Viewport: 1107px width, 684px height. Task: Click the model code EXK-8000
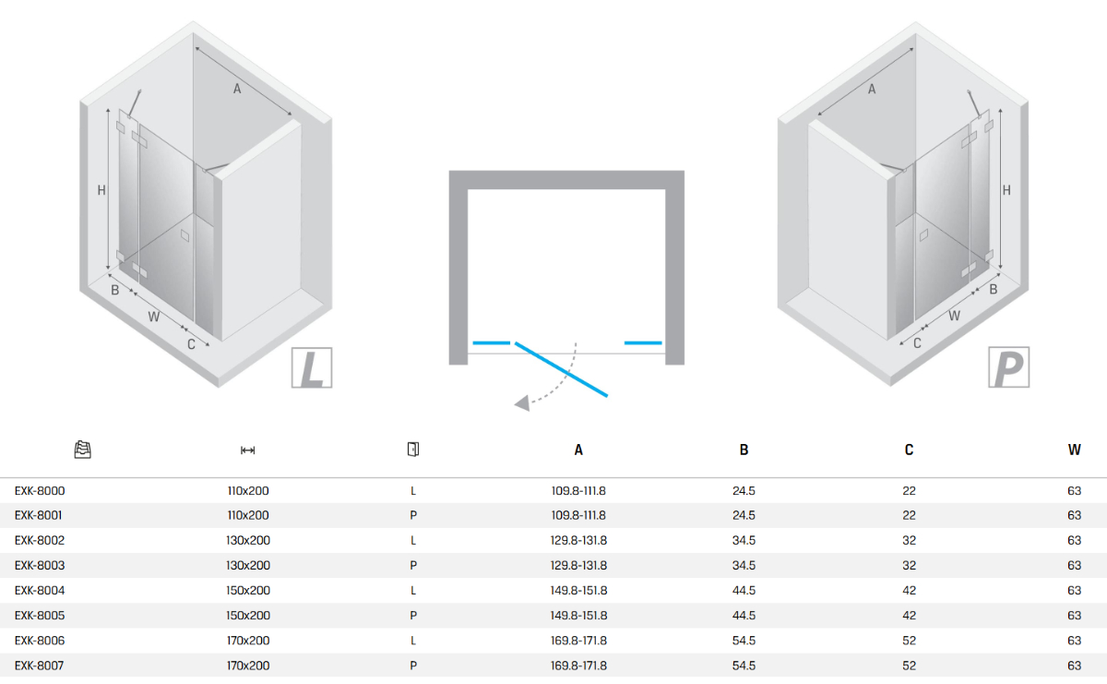40,491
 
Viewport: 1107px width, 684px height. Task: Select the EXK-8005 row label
40,616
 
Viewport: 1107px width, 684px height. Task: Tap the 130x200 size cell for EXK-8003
248,565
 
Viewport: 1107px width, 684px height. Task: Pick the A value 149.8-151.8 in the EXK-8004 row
578,591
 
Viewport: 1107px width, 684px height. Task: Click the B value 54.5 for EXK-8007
744,666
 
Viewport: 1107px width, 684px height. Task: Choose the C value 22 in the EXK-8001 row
909,515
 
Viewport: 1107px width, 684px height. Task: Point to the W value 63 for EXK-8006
1075,641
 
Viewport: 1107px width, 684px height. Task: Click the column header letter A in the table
578,450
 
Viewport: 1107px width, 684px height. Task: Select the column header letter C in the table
909,450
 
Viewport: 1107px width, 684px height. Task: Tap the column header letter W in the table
1075,450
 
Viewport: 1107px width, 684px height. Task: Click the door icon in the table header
413,449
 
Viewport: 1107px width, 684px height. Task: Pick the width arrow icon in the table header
247,450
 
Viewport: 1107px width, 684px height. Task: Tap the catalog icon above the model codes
82,450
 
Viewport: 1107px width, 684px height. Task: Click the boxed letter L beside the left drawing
312,367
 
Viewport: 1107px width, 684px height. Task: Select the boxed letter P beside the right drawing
1008,367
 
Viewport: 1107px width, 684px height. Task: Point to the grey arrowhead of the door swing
522,403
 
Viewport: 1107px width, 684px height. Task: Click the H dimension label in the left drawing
101,190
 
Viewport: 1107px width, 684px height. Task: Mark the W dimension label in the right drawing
954,316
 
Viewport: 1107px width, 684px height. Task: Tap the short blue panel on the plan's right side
643,342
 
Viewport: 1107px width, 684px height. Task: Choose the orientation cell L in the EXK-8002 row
413,541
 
